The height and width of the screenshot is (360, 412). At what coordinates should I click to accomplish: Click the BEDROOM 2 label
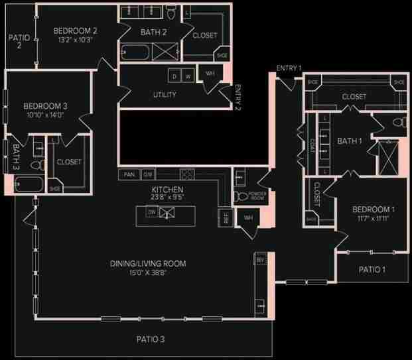(x=76, y=30)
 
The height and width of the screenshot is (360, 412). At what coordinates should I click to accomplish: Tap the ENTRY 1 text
(x=289, y=68)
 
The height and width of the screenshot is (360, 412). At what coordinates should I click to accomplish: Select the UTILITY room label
(x=164, y=95)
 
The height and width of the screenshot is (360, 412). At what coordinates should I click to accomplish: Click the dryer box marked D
(x=174, y=76)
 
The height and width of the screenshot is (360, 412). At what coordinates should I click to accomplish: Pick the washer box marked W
(x=188, y=76)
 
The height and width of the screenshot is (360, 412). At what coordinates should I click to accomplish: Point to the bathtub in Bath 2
(x=135, y=52)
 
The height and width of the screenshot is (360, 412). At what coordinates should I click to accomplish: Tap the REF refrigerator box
(x=226, y=218)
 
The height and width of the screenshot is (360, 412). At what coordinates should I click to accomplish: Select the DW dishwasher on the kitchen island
(x=152, y=212)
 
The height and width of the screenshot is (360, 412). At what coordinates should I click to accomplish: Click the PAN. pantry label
(x=129, y=174)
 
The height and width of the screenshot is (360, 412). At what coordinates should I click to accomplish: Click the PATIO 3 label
(x=151, y=339)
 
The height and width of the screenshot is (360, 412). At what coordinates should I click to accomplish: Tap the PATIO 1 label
(x=372, y=269)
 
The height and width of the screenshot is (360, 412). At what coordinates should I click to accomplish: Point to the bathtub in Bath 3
(x=29, y=184)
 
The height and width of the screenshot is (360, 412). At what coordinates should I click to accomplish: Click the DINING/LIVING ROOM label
(x=148, y=264)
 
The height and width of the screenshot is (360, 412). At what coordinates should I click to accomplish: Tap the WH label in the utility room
(x=210, y=74)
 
